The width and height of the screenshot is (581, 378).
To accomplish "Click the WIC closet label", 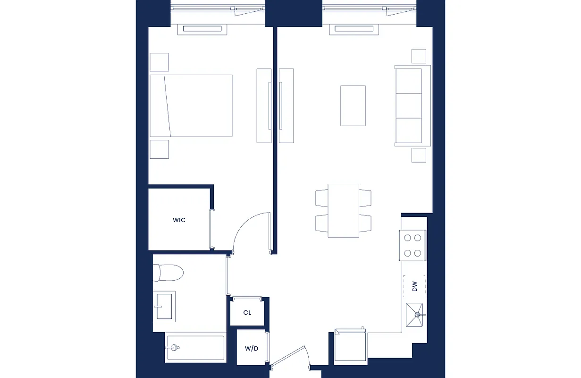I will click(179, 220).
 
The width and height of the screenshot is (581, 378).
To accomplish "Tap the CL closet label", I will click(247, 313).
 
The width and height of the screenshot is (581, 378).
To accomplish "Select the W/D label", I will click(251, 349).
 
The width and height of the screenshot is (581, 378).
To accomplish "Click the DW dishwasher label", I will click(414, 286).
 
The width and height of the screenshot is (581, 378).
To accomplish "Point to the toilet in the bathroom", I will click(169, 273).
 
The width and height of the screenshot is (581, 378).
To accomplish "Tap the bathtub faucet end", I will click(174, 348).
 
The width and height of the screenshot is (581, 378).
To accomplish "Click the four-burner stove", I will click(412, 245).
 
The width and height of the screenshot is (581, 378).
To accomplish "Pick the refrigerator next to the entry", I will click(350, 347).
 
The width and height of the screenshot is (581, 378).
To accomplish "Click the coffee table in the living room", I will click(353, 105).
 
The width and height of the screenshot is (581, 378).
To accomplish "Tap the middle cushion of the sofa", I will click(408, 105).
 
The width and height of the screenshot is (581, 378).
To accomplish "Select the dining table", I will click(343, 211).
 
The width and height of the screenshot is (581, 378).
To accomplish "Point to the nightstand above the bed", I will click(159, 62).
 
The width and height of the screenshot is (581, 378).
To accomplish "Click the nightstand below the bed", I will click(159, 149).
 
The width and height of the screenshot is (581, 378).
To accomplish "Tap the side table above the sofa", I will click(419, 56).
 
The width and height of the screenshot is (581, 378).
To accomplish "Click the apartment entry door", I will click(289, 357).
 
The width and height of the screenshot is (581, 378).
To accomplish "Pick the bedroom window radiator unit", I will click(202, 29).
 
